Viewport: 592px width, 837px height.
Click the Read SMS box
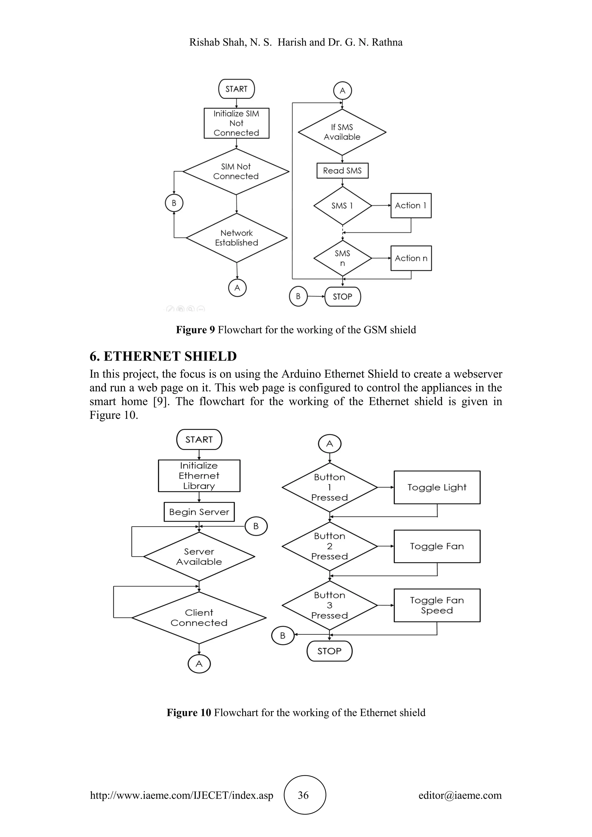tap(342, 171)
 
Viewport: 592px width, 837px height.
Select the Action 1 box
tap(411, 205)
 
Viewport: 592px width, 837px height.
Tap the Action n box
tap(411, 258)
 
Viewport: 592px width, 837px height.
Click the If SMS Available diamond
tap(342, 132)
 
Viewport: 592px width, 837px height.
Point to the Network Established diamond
tap(236, 238)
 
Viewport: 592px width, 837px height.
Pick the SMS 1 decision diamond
tap(342, 205)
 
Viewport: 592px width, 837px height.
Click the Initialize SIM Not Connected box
tap(236, 123)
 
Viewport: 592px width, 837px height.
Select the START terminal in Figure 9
tap(236, 89)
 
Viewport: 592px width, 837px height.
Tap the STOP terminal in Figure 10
tap(329, 651)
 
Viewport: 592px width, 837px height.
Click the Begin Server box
tap(199, 512)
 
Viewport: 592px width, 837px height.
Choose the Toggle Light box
tap(437, 487)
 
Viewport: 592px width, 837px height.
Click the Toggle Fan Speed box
tap(437, 605)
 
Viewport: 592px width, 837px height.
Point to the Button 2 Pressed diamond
tap(330, 546)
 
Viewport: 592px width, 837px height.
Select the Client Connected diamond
tap(199, 618)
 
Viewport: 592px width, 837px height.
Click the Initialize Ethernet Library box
tap(199, 476)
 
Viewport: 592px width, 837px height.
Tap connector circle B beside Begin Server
tap(256, 526)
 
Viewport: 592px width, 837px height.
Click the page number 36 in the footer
tap(303, 795)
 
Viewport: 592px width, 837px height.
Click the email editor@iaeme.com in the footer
tap(460, 795)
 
